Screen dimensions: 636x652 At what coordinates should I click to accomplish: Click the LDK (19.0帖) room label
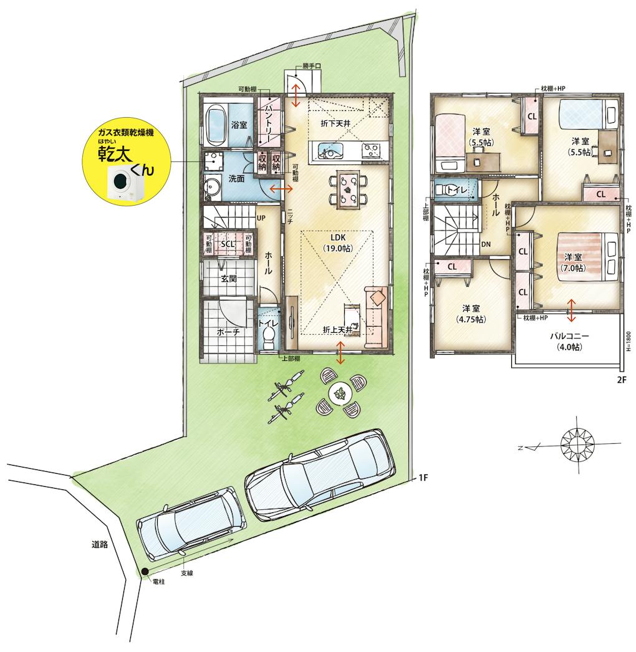[x=337, y=243]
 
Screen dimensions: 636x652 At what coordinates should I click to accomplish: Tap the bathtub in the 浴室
[x=216, y=123]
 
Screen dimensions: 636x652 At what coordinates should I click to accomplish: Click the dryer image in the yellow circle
[x=124, y=182]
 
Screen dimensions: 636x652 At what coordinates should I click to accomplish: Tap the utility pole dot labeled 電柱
[x=144, y=572]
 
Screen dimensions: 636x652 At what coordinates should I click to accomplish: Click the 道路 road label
[x=100, y=544]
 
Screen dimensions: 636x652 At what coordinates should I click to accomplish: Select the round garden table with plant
[x=340, y=393]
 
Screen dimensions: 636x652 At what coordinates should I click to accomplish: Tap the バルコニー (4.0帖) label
[x=569, y=342]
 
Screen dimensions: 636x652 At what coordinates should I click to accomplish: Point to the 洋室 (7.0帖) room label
[x=573, y=262]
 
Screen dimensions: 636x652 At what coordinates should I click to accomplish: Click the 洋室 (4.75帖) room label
[x=471, y=314]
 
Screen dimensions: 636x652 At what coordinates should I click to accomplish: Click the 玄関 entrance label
[x=228, y=279]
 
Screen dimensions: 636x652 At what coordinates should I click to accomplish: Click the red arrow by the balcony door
[x=571, y=310]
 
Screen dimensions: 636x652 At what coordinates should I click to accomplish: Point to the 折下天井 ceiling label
[x=335, y=123]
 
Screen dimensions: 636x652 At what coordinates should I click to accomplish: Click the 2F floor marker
[x=621, y=379]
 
